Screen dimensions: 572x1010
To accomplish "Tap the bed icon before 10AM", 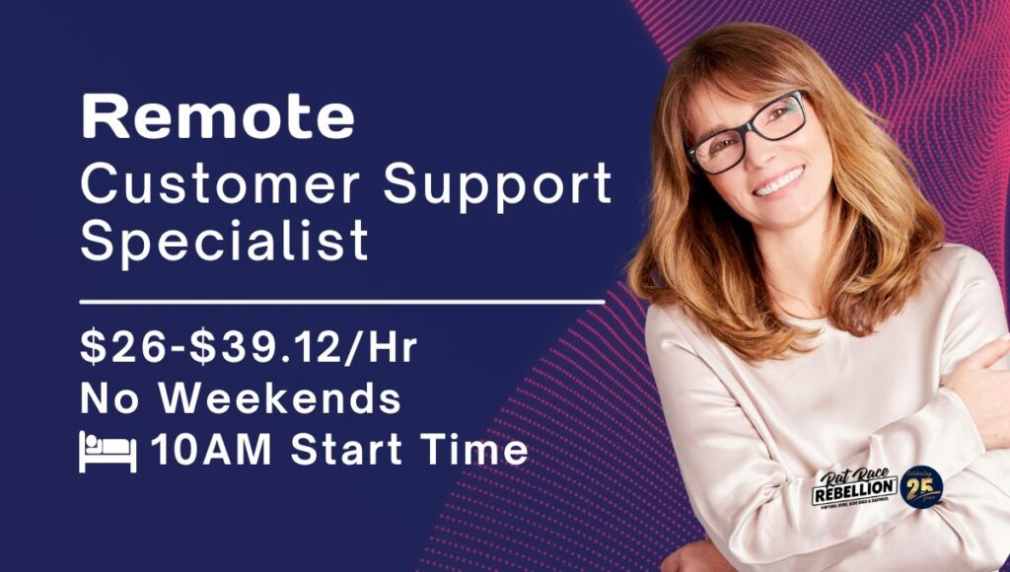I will point(108,452).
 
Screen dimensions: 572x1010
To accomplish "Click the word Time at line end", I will point(480,451).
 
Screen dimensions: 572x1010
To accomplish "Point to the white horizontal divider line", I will point(341,300).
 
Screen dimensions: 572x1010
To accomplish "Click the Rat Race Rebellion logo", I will point(854,488).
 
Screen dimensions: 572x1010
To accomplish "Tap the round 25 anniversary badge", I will point(922,486).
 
